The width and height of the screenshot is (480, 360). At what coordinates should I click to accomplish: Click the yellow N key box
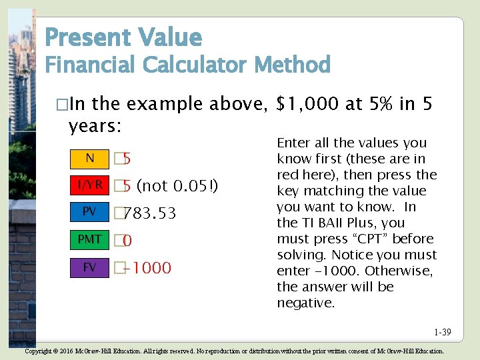click(x=90, y=159)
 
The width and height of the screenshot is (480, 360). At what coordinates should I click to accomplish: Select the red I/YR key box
click(x=90, y=185)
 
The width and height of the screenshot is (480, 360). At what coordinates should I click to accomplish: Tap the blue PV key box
click(x=90, y=212)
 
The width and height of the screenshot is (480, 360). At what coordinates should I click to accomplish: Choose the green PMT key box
click(x=90, y=239)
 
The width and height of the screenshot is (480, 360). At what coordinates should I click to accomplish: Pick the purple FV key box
click(x=90, y=267)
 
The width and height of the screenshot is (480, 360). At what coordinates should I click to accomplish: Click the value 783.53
click(x=150, y=213)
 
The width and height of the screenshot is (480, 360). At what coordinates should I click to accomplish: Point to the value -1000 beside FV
click(x=147, y=268)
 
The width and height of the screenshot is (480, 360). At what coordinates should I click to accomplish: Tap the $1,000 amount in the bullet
click(x=311, y=104)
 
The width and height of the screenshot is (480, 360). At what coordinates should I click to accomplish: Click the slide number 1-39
click(x=441, y=332)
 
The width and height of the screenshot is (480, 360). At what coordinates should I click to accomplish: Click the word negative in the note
click(x=306, y=303)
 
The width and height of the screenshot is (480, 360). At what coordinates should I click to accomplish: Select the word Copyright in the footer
click(x=39, y=351)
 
